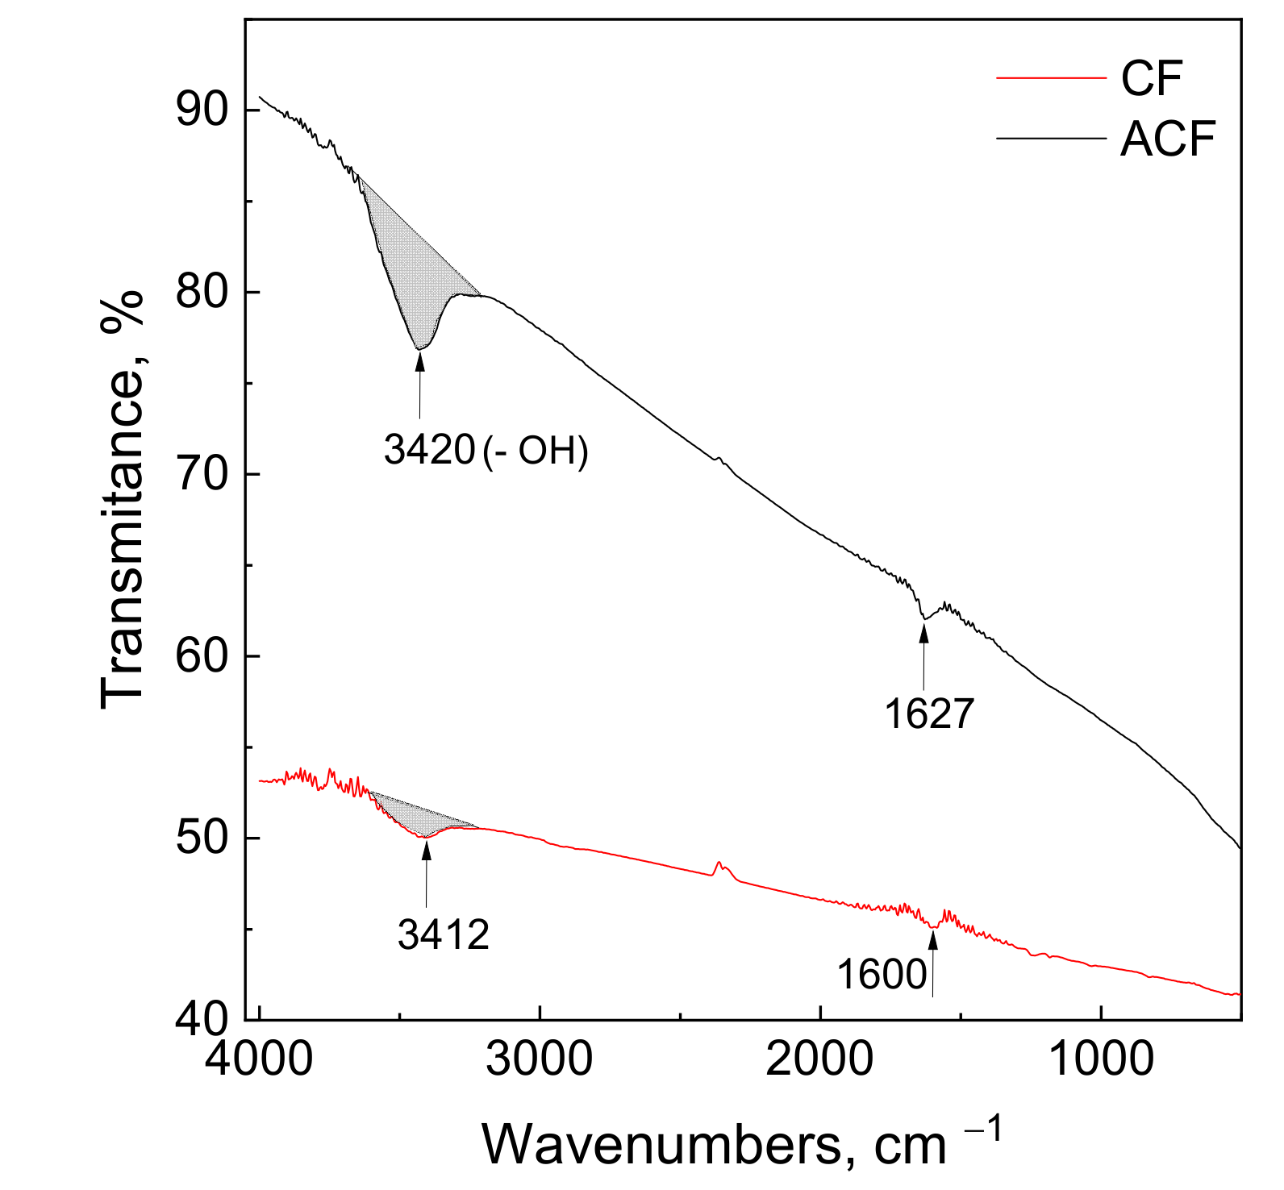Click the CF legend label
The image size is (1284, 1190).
pos(1151,78)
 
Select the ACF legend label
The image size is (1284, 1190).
pos(1167,139)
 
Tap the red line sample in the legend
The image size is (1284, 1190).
pos(1050,78)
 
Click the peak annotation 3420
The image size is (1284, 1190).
pos(429,450)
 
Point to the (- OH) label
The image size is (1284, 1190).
pos(536,451)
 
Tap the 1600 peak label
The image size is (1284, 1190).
pos(882,975)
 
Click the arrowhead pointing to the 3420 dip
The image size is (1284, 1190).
pos(419,360)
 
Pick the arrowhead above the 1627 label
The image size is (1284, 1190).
pos(923,632)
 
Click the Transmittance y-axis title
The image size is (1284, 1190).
pos(123,500)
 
